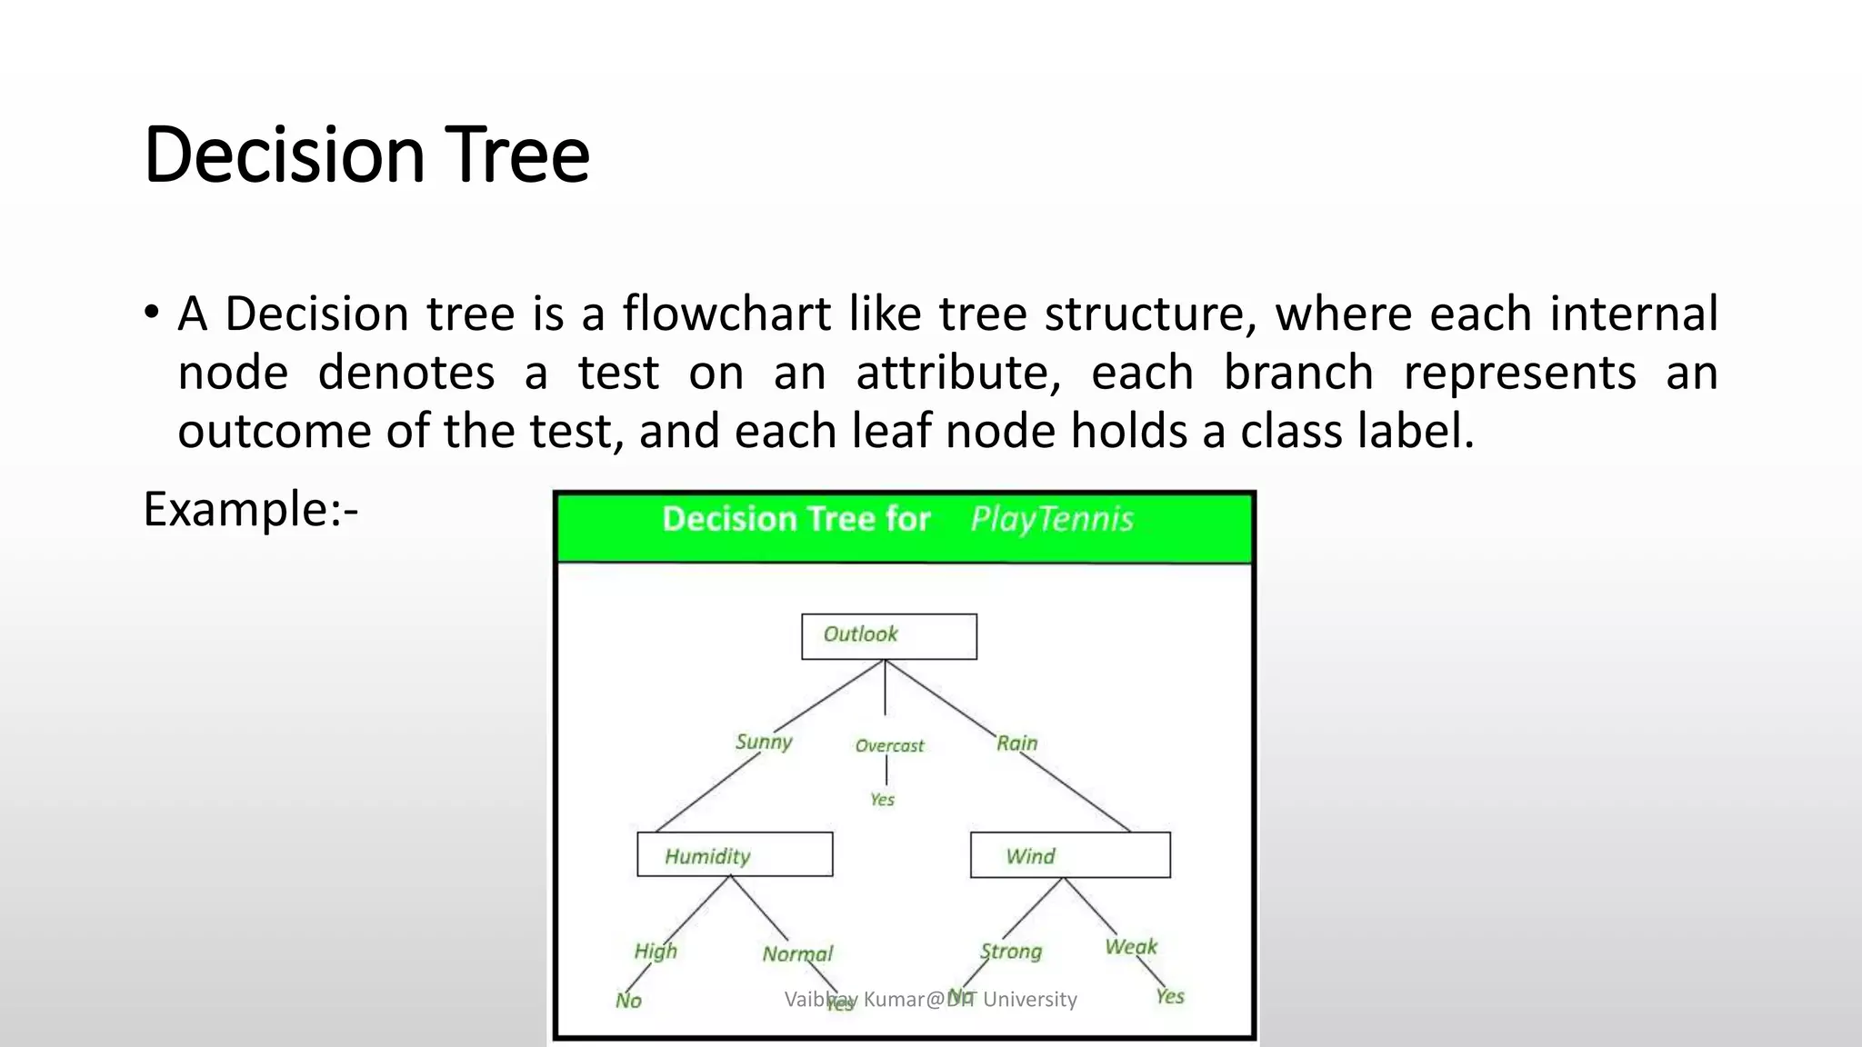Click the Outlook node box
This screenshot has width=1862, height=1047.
tap(888, 636)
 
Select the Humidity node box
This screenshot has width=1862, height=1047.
tap(735, 854)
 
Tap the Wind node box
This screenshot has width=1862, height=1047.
tap(1070, 855)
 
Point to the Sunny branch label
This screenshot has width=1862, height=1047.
tap(764, 743)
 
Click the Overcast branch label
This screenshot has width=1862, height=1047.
tap(889, 746)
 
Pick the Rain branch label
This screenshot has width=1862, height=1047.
tap(1016, 743)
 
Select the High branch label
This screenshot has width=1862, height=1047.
tap(656, 952)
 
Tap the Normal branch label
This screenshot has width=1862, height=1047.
tap(797, 954)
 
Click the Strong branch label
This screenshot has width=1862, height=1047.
tap(1011, 952)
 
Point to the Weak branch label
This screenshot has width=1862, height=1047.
tap(1131, 947)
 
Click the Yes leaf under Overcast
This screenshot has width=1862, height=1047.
tap(882, 800)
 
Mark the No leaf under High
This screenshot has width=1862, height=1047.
tap(628, 1001)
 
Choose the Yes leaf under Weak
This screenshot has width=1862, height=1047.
tap(1170, 997)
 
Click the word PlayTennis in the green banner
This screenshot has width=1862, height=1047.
tap(1052, 519)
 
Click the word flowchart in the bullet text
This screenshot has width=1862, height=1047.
tap(726, 314)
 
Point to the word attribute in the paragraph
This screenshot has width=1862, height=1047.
tap(958, 373)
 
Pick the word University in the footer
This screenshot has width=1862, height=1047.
tap(1030, 1000)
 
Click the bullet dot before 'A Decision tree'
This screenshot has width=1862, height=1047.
tap(151, 312)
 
